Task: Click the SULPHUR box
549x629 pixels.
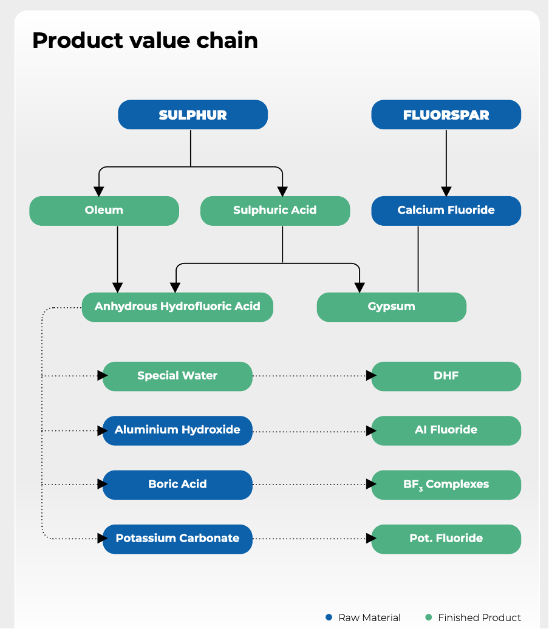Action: coord(193,115)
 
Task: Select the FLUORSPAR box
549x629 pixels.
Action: coord(446,115)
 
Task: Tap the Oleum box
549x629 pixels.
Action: coord(104,211)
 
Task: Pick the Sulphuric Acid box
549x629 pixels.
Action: coord(274,211)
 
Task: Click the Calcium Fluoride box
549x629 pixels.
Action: coord(446,211)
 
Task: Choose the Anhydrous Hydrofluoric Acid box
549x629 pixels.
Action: coord(177,307)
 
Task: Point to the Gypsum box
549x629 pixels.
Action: coord(391,307)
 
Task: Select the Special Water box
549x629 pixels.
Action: coord(177,376)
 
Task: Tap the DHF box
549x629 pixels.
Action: coord(446,376)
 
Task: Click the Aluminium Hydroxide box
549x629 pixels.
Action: coord(177,430)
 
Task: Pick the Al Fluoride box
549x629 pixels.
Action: coord(446,430)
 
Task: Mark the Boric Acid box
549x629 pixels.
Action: coord(177,484)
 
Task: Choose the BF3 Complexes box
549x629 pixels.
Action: coord(446,484)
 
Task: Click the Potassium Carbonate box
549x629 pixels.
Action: coord(177,539)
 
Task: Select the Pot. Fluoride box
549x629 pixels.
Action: coord(446,539)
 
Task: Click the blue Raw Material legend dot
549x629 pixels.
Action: coord(329,617)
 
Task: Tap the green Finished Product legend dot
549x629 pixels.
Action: coord(429,617)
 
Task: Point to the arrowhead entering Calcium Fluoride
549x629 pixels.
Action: coord(446,191)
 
